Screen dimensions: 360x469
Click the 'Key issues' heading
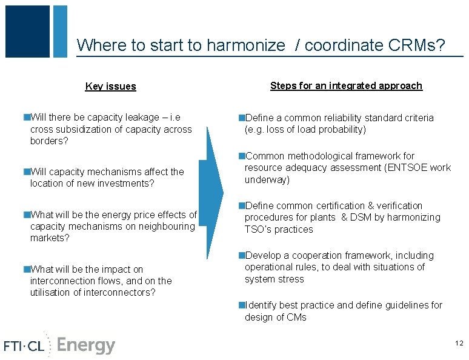pyautogui.click(x=110, y=87)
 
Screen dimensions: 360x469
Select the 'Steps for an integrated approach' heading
pyautogui.click(x=346, y=86)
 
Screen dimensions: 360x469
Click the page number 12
pyautogui.click(x=459, y=344)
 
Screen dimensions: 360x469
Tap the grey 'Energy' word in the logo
pyautogui.click(x=85, y=345)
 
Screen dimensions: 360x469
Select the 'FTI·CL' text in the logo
pyautogui.click(x=24, y=346)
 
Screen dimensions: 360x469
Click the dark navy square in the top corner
pyautogui.click(x=27, y=32)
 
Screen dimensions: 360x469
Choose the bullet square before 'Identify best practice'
pyautogui.click(x=241, y=305)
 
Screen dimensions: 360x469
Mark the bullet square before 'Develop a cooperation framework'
pyautogui.click(x=241, y=256)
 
